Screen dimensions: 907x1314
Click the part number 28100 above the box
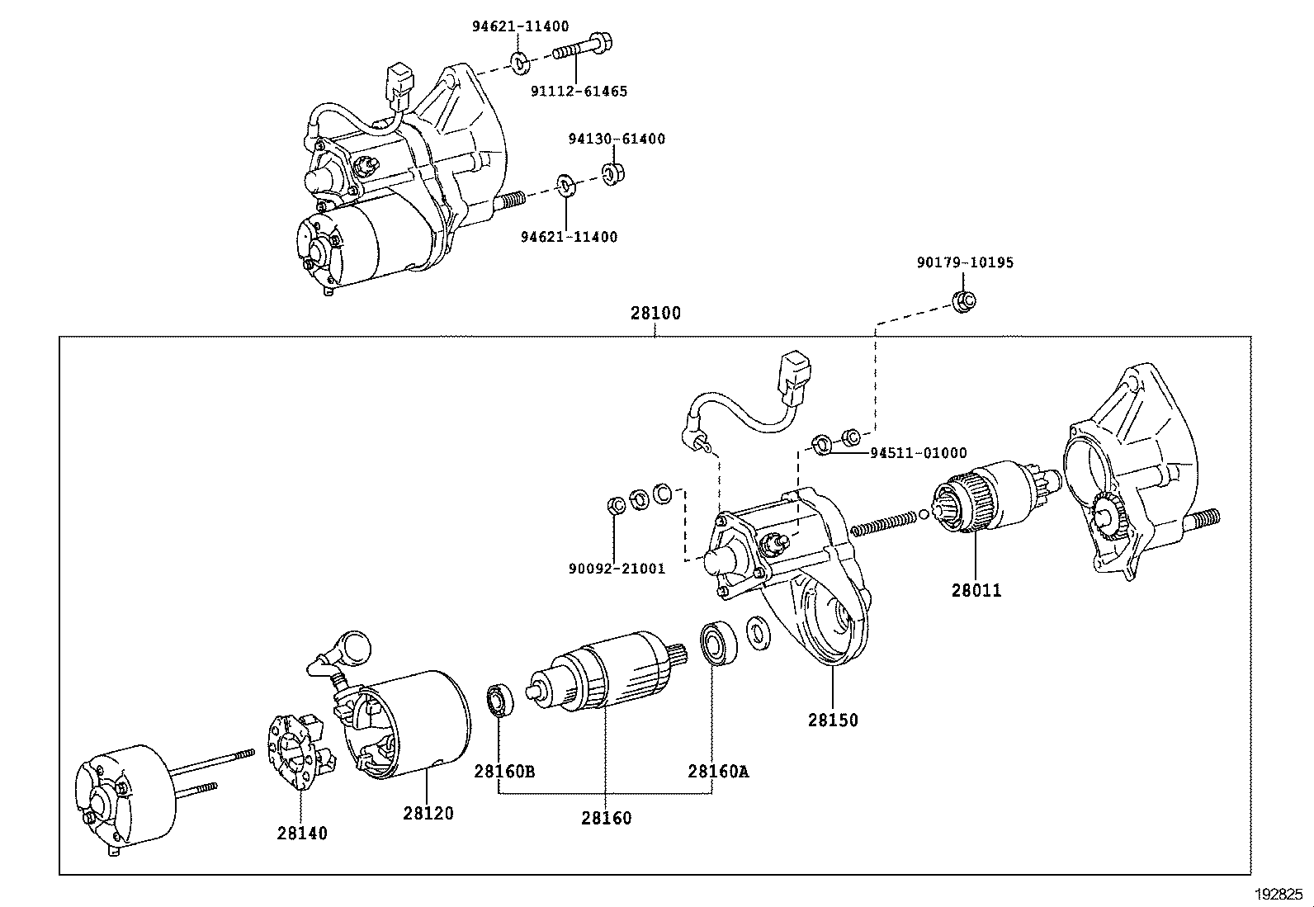655,314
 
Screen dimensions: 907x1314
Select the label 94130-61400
616,139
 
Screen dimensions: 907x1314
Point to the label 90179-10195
964,262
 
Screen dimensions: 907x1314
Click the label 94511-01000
918,453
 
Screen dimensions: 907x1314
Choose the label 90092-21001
616,569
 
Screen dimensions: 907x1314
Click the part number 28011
976,590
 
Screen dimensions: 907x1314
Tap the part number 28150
832,720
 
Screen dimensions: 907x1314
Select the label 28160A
717,772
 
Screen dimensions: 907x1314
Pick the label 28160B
503,772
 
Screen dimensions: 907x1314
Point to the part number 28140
302,833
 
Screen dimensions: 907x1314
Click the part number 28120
428,813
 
